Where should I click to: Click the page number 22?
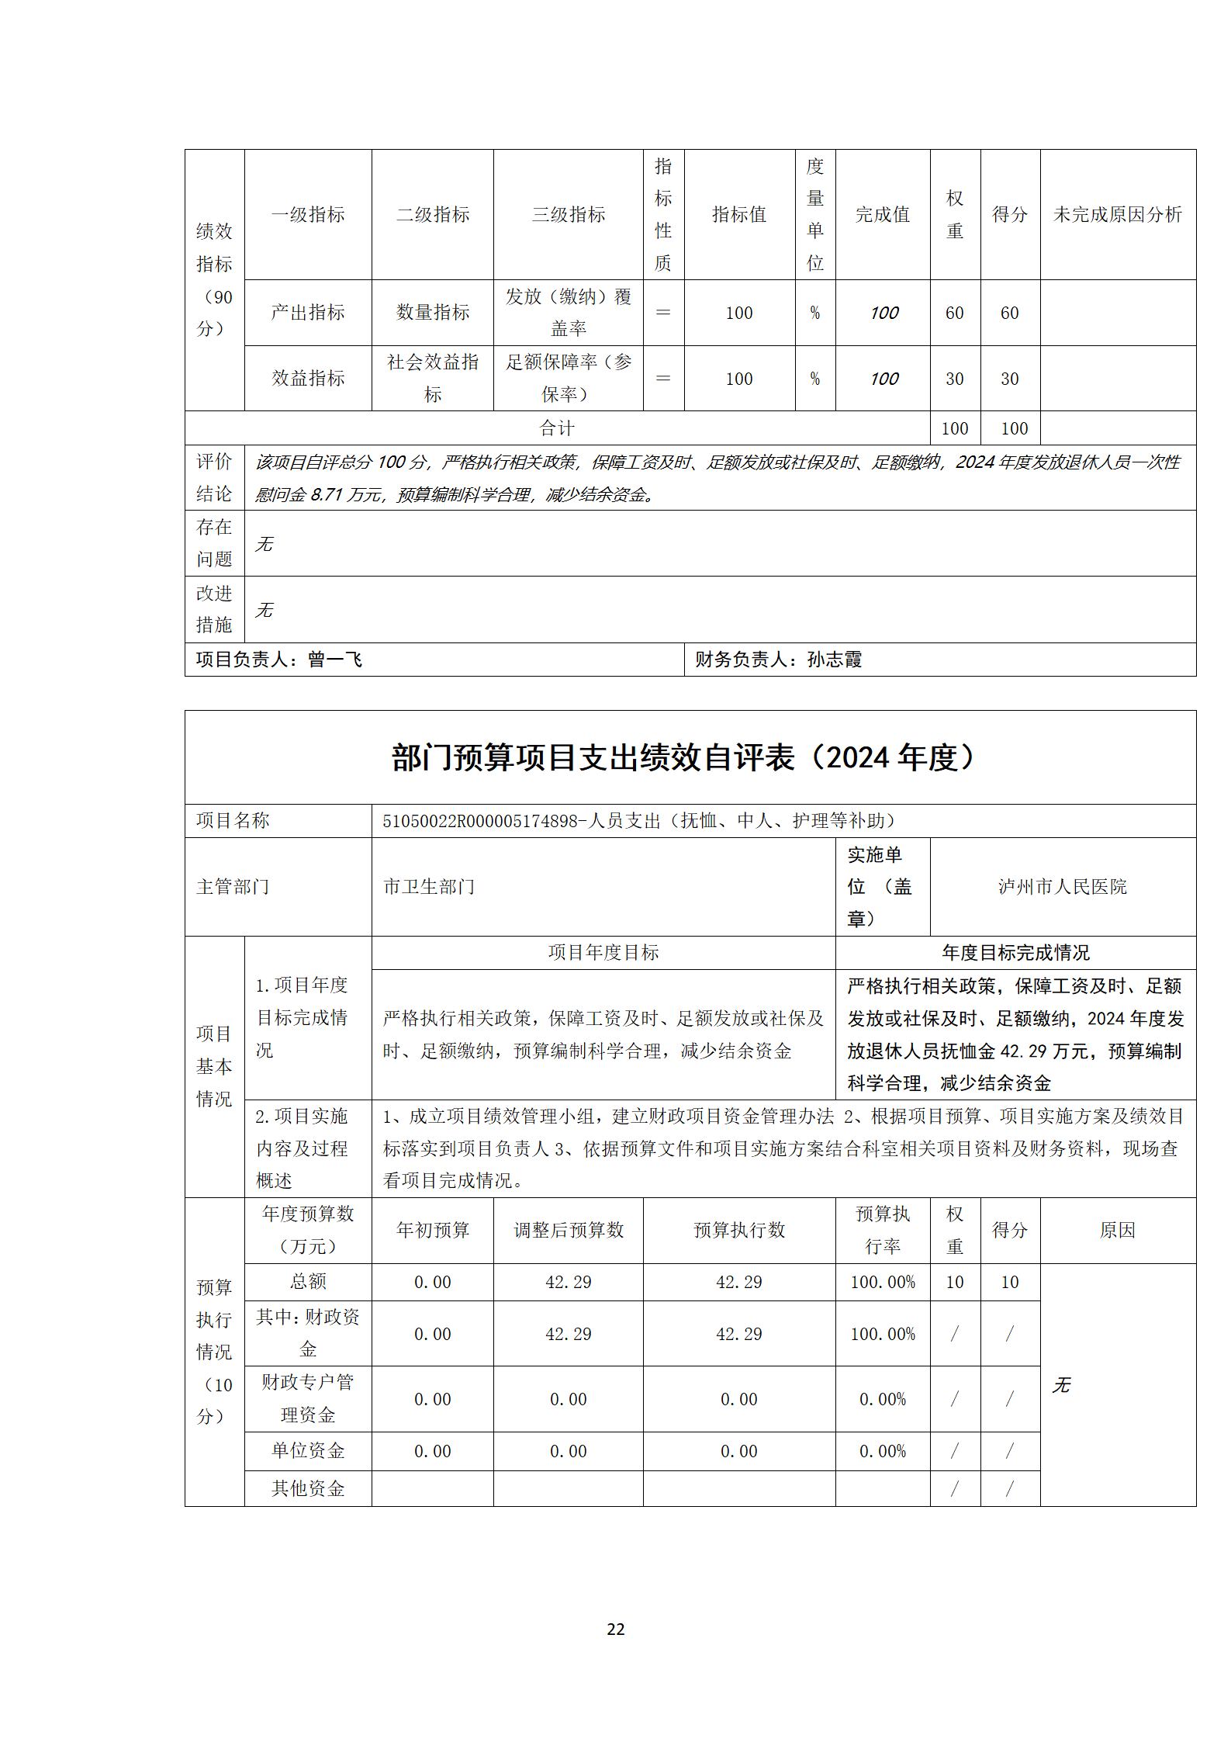pos(615,1629)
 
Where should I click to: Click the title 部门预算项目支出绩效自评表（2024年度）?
pos(683,757)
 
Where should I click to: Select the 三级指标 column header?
pos(568,215)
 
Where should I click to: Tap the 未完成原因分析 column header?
pos(1117,215)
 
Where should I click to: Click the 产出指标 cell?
pos(308,313)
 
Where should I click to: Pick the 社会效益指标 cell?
pos(433,378)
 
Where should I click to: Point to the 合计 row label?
pos(557,428)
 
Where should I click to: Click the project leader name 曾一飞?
pos(335,660)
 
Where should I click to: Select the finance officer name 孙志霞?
pos(835,660)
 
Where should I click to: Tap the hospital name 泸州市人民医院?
pos(1062,886)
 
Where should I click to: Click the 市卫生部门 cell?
pos(429,886)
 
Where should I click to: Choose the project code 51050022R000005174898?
pos(480,821)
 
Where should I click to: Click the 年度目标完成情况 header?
pos(1015,952)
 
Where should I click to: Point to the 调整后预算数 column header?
pos(568,1230)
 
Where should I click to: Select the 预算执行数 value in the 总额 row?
pos(738,1282)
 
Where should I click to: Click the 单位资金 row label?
pos(308,1450)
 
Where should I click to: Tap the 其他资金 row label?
pos(308,1487)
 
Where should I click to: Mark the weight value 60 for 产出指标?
pos(954,313)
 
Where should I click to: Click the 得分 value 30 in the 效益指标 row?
pos(1009,379)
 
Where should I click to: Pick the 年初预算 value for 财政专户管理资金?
pos(432,1399)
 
